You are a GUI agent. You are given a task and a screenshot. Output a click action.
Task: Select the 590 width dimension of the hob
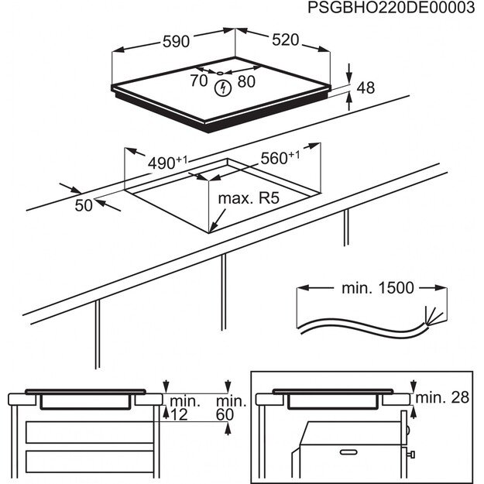[x=176, y=41]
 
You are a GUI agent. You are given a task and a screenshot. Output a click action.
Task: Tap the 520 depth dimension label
[x=284, y=41]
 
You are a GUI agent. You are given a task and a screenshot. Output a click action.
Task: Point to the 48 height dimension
[x=366, y=88]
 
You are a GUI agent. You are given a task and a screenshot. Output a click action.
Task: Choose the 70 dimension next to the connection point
[x=199, y=80]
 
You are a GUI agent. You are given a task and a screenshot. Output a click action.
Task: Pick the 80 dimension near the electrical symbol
[x=246, y=80]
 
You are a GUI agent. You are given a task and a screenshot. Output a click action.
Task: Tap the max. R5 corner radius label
[x=247, y=199]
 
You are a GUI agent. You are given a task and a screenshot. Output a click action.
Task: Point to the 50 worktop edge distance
[x=83, y=204]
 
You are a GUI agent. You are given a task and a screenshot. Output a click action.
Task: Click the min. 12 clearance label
[x=185, y=408]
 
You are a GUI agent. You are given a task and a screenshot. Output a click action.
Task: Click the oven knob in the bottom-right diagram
[x=415, y=452]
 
